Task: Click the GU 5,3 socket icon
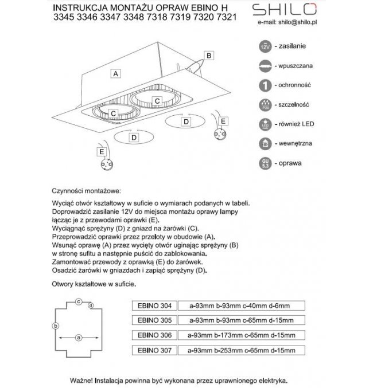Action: coord(265,163)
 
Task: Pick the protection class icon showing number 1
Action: coord(265,85)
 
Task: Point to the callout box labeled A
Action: coord(116,74)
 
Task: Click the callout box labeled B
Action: coord(209,55)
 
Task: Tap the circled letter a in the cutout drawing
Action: coord(79,337)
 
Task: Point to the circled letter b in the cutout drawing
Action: coord(55,326)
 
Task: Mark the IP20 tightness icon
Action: coord(265,104)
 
